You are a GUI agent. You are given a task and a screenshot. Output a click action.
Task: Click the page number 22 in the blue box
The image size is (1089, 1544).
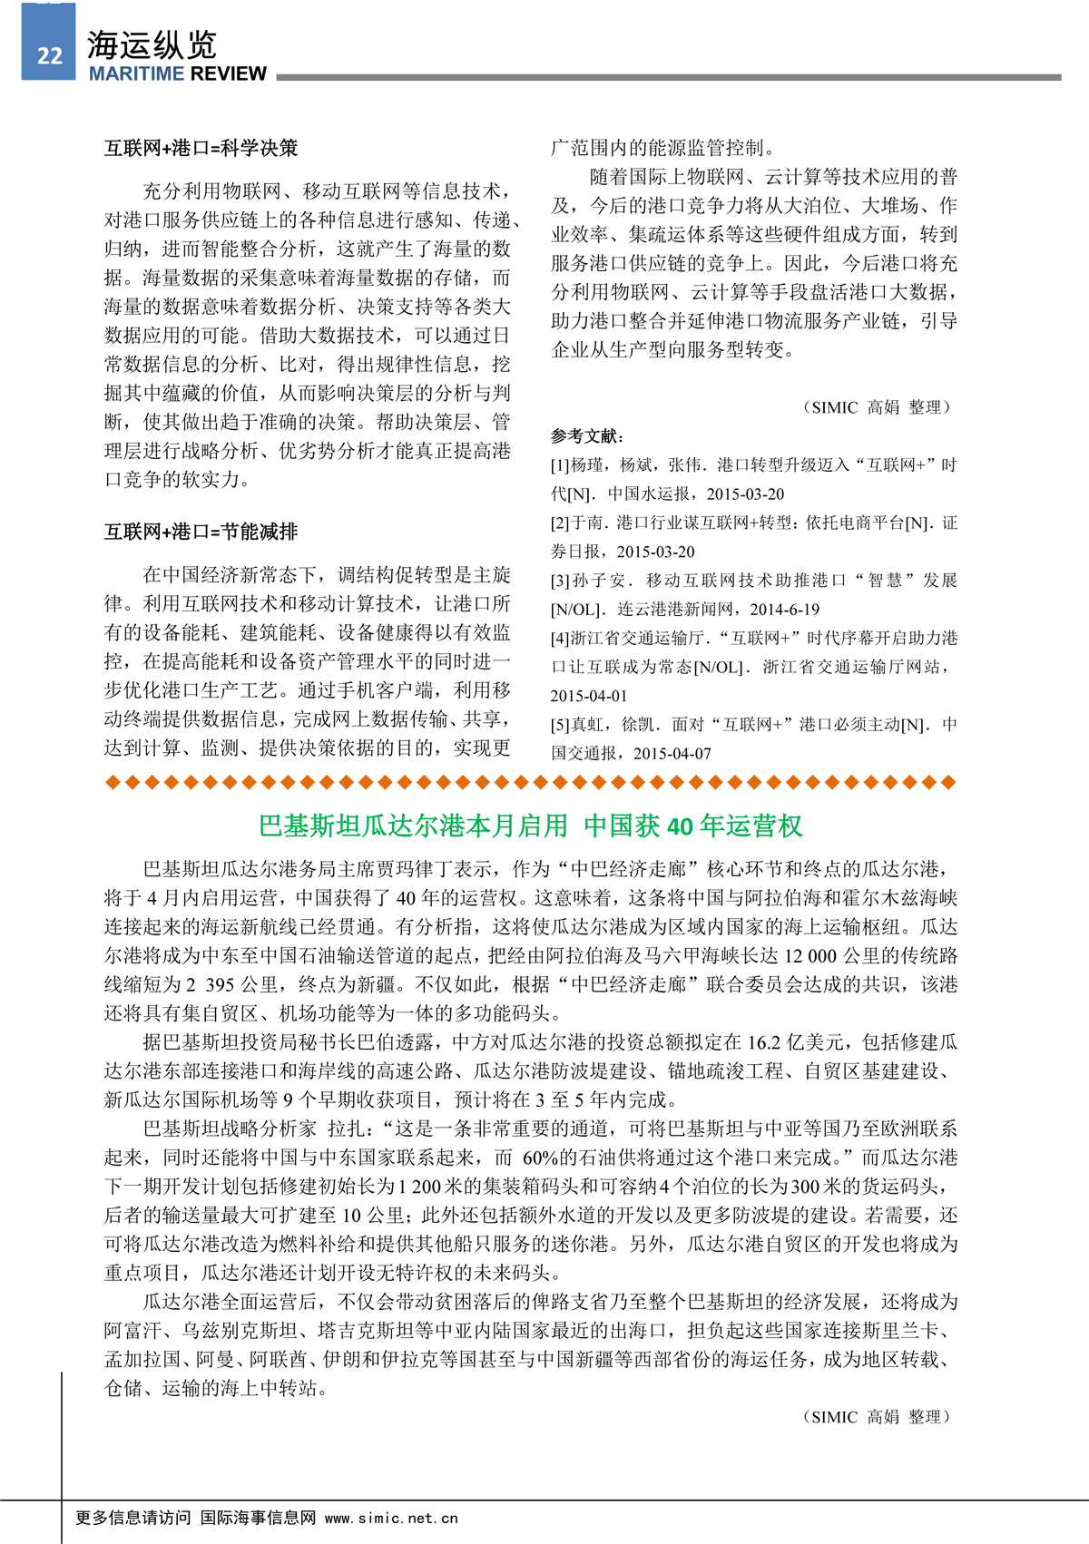pyautogui.click(x=49, y=56)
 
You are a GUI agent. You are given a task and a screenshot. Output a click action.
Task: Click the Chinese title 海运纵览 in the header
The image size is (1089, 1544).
pyautogui.click(x=152, y=45)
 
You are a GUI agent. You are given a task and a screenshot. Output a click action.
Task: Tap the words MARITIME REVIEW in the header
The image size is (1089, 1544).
pyautogui.click(x=178, y=74)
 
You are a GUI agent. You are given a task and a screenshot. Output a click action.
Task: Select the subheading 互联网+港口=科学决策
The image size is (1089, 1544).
pyautogui.click(x=201, y=148)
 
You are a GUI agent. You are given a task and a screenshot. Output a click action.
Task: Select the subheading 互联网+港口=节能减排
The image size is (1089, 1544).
pyautogui.click(x=201, y=532)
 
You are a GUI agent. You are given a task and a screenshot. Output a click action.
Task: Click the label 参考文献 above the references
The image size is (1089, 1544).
pyautogui.click(x=586, y=436)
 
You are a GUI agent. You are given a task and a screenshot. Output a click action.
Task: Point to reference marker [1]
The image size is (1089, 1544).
pyautogui.click(x=560, y=465)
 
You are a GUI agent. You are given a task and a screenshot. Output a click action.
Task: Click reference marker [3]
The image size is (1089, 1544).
pyautogui.click(x=560, y=581)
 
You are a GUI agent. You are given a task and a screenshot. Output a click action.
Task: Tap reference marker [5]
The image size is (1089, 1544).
pyautogui.click(x=560, y=725)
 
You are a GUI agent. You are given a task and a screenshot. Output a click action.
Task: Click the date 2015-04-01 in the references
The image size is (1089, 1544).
pyautogui.click(x=588, y=696)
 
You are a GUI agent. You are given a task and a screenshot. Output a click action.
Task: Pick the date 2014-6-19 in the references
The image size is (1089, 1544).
pyautogui.click(x=784, y=610)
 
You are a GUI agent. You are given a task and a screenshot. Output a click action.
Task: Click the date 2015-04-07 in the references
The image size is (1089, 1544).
pyautogui.click(x=672, y=754)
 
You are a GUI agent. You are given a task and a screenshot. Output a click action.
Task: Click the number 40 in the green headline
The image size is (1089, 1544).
pyautogui.click(x=680, y=826)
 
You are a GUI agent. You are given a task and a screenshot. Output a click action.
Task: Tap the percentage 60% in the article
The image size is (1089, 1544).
pyautogui.click(x=540, y=1158)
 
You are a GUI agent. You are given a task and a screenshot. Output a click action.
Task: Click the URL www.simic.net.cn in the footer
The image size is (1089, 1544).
pyautogui.click(x=391, y=1518)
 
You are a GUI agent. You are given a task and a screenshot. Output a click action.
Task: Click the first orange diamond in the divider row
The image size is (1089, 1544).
pyautogui.click(x=113, y=782)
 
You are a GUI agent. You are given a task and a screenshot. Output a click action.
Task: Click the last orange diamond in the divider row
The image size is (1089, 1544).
pyautogui.click(x=949, y=782)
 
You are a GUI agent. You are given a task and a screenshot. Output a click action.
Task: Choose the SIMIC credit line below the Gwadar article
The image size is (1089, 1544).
pyautogui.click(x=876, y=1417)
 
